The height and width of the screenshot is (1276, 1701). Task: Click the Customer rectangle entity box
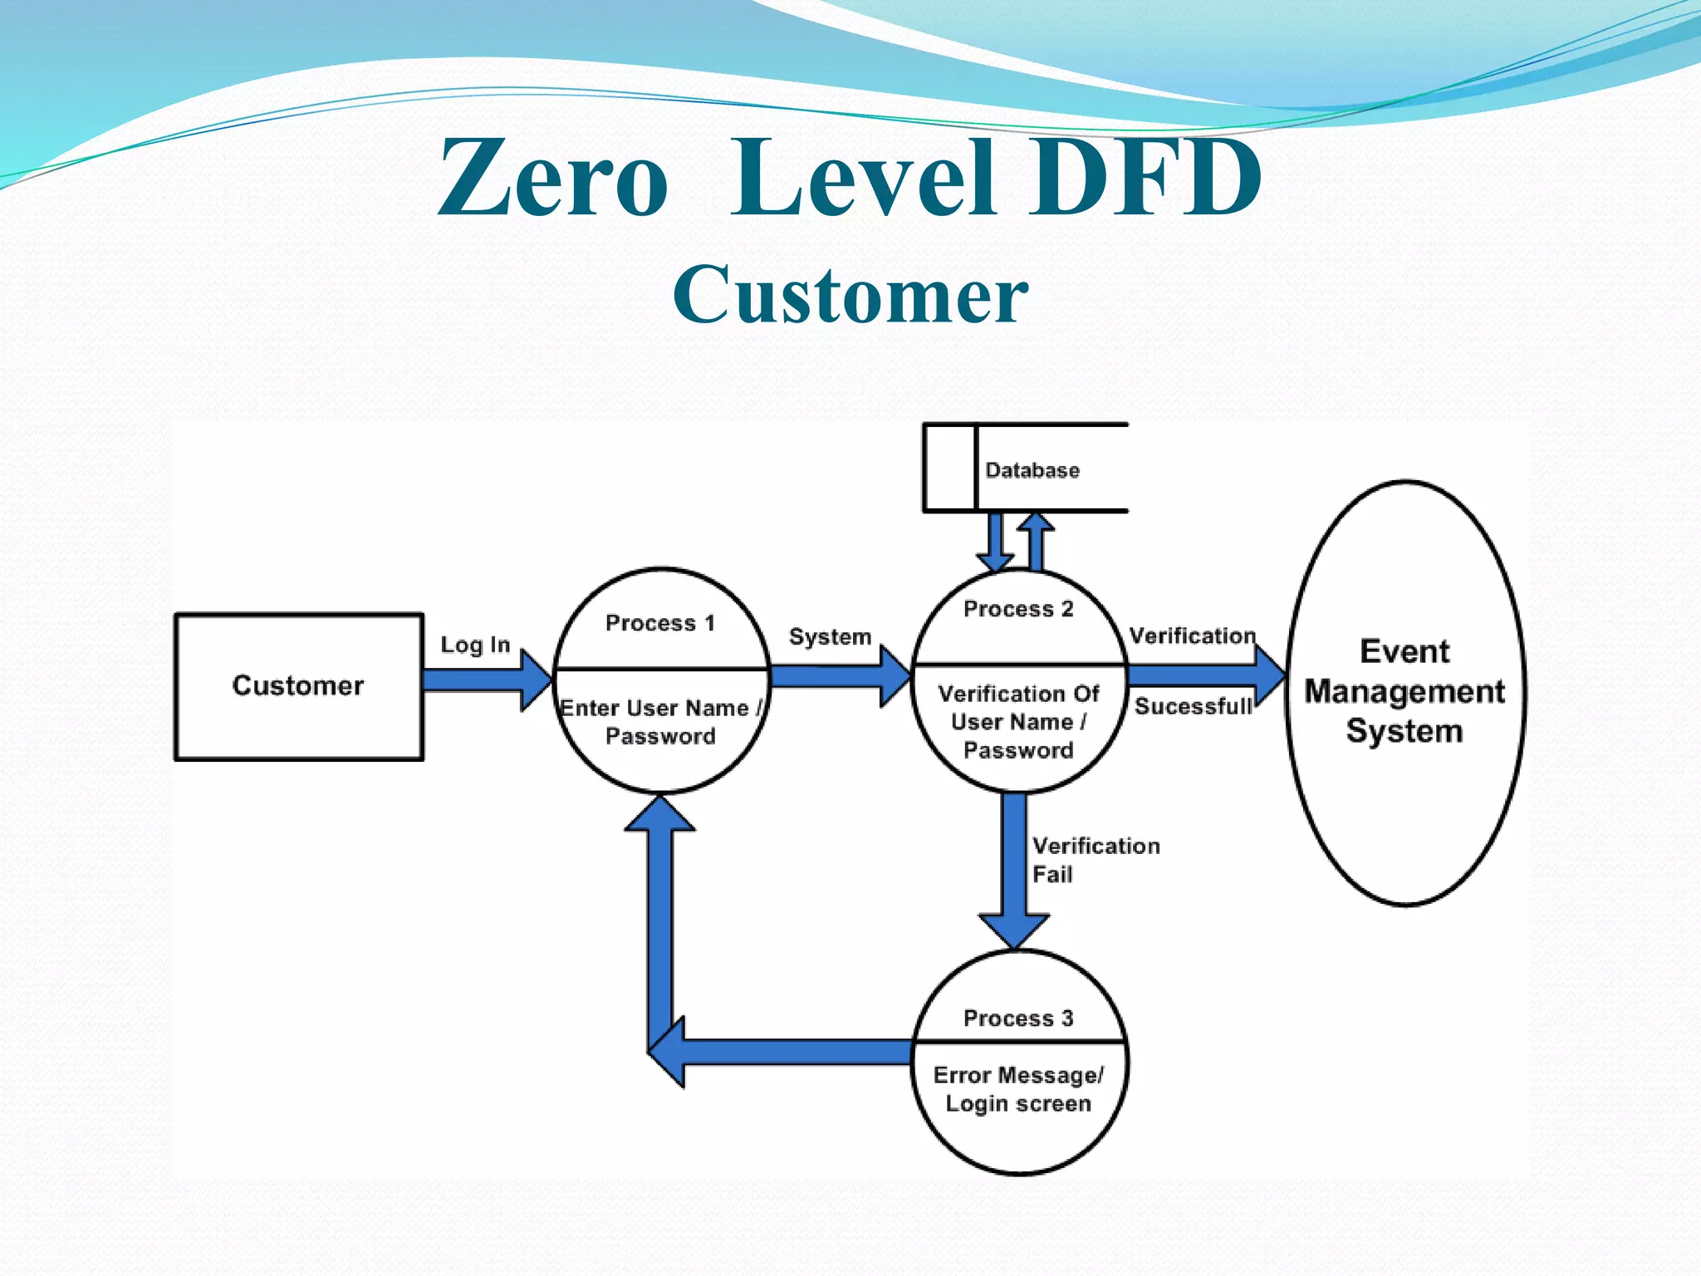point(298,686)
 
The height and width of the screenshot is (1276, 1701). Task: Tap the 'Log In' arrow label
point(474,645)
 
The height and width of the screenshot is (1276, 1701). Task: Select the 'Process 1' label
point(659,623)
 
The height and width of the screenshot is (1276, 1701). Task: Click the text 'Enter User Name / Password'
point(660,722)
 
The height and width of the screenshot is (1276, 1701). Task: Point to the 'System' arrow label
point(829,637)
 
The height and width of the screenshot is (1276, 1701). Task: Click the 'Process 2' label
point(1017,609)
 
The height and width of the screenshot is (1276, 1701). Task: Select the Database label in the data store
point(1032,470)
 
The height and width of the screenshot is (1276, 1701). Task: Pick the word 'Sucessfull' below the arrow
point(1193,706)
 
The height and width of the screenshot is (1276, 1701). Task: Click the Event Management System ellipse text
point(1404,691)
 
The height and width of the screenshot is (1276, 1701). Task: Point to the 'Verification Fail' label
point(1094,860)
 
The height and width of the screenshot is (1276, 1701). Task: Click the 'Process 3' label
point(1017,1018)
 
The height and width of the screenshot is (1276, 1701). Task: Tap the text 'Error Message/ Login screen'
point(1017,1089)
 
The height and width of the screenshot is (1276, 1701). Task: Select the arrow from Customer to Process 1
point(486,680)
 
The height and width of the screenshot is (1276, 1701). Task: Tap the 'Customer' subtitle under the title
point(850,295)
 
